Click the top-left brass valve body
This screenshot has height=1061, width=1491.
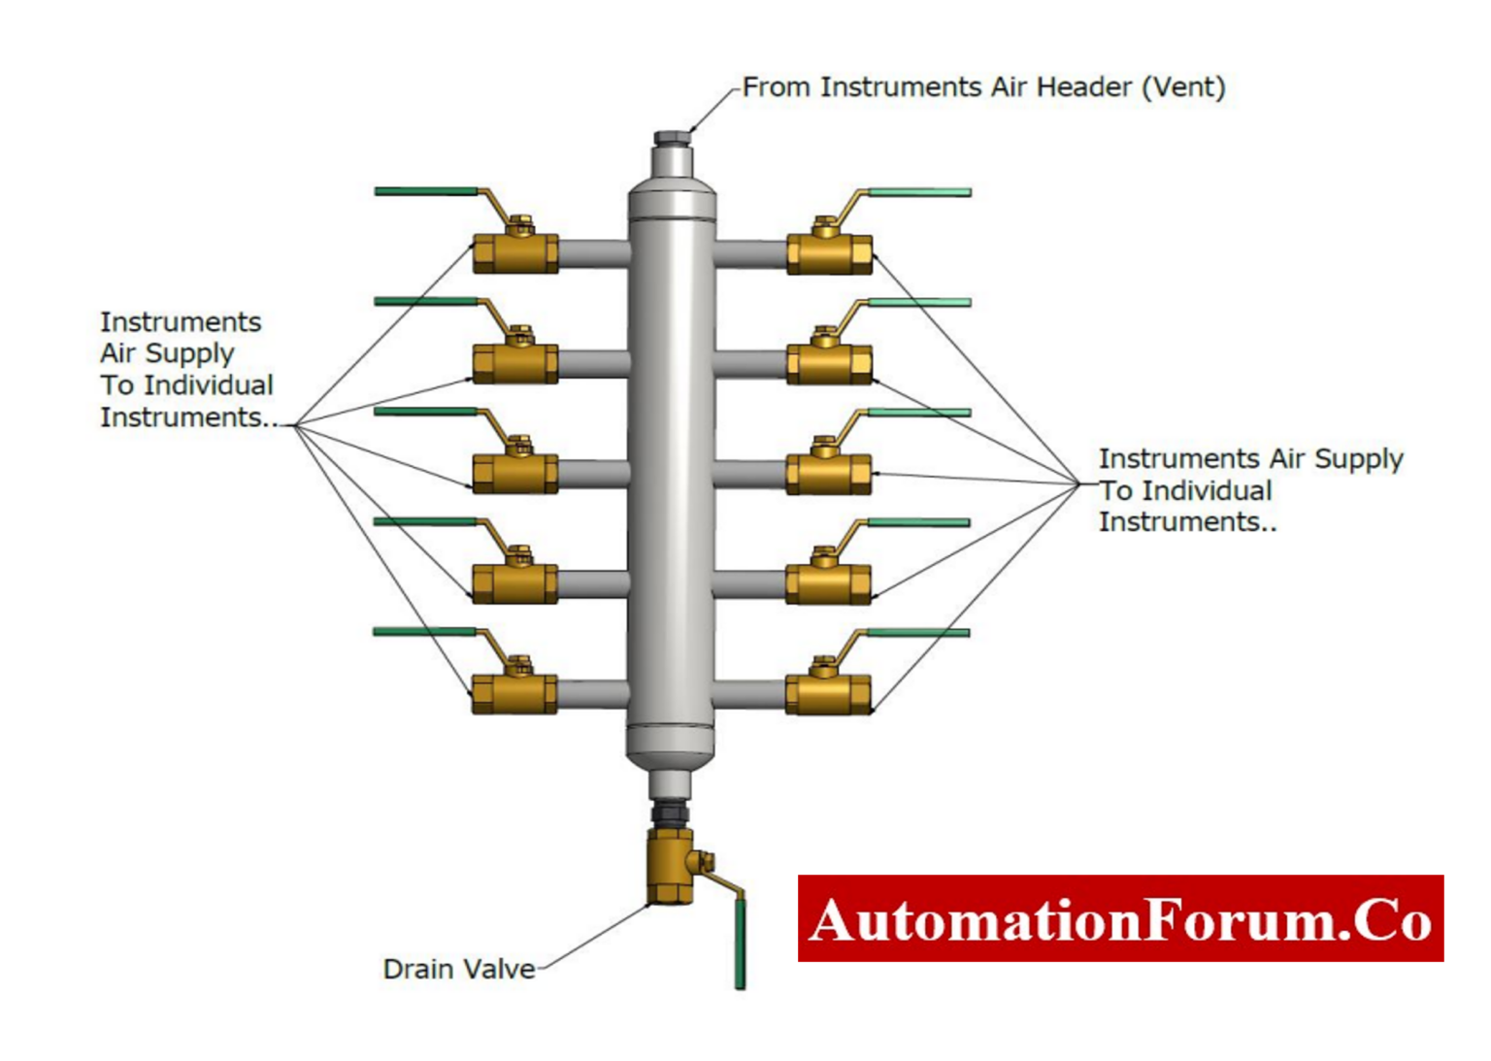[514, 253]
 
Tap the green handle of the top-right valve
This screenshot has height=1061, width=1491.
[918, 192]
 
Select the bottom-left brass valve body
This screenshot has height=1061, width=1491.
[514, 693]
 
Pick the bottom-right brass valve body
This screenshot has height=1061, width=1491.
[828, 694]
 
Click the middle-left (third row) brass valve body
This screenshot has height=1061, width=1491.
[514, 474]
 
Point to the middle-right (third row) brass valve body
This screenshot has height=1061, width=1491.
[828, 475]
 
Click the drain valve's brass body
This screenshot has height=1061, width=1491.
[671, 866]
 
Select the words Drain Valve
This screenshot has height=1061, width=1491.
[458, 969]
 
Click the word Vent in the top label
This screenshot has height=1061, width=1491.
[1183, 87]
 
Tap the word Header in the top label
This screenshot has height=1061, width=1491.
[1083, 87]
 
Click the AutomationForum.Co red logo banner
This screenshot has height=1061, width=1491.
[1120, 918]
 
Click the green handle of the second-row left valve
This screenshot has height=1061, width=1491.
[425, 301]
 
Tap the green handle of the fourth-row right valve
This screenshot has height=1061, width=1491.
[918, 522]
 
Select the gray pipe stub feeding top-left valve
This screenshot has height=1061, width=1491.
[593, 254]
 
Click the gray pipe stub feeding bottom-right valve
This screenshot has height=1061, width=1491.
[749, 694]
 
